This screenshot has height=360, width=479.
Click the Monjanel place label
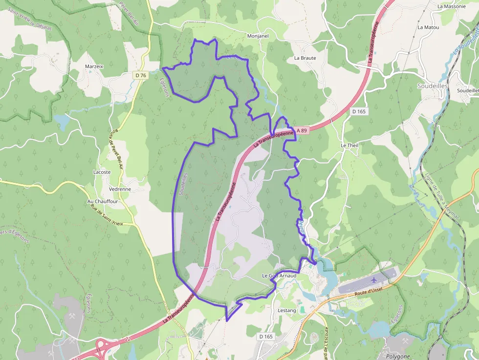coord(258,36)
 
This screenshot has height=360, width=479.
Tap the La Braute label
coord(305,58)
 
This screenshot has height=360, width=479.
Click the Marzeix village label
coord(94,66)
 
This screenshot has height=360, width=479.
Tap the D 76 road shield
coord(141,75)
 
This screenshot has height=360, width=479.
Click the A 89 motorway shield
coord(301,130)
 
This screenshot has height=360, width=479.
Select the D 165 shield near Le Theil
coord(359,111)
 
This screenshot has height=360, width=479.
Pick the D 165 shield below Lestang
coord(266,337)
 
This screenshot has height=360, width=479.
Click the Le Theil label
coord(350,146)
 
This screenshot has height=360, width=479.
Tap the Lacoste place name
coord(102,172)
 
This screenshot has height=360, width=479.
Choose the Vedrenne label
coord(120,189)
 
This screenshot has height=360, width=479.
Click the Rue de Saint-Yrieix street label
coord(107,214)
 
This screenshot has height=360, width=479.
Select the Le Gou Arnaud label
coord(279,276)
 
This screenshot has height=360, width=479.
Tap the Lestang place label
coord(287,310)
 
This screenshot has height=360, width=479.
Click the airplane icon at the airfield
coord(375,280)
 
